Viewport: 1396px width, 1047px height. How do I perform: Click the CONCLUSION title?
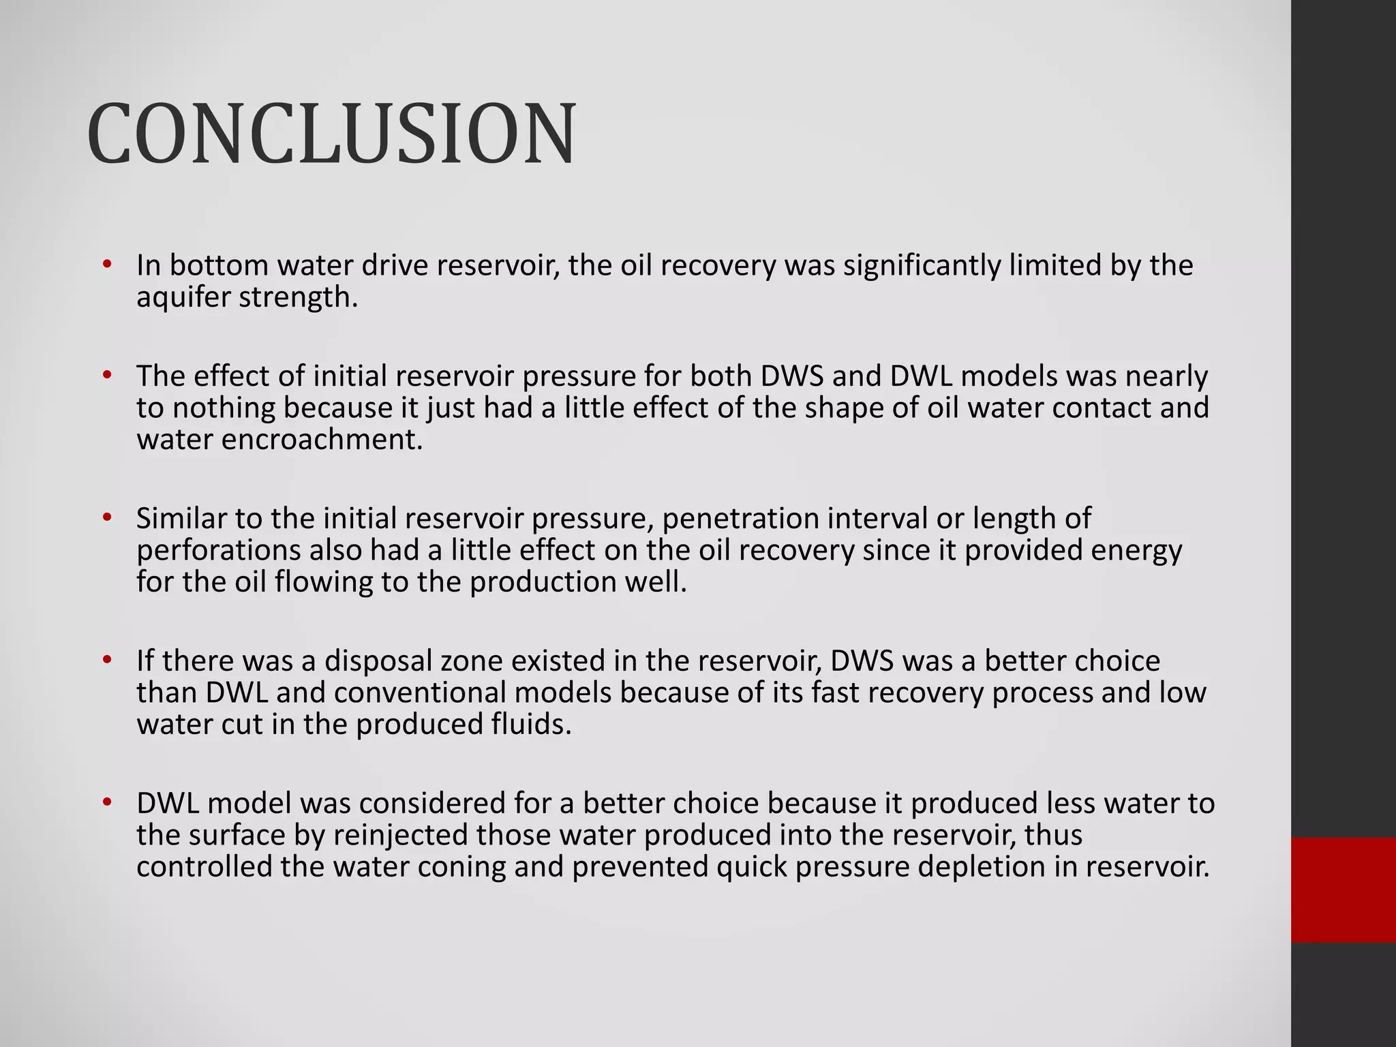pyautogui.click(x=332, y=134)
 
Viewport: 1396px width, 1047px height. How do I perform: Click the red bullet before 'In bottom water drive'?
pyautogui.click(x=106, y=264)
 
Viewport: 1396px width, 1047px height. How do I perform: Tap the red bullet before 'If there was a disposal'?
pyautogui.click(x=106, y=661)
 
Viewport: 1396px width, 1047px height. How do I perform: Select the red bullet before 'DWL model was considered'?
pyautogui.click(x=106, y=803)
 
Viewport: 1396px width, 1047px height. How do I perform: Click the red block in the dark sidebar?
pyautogui.click(x=1343, y=890)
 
